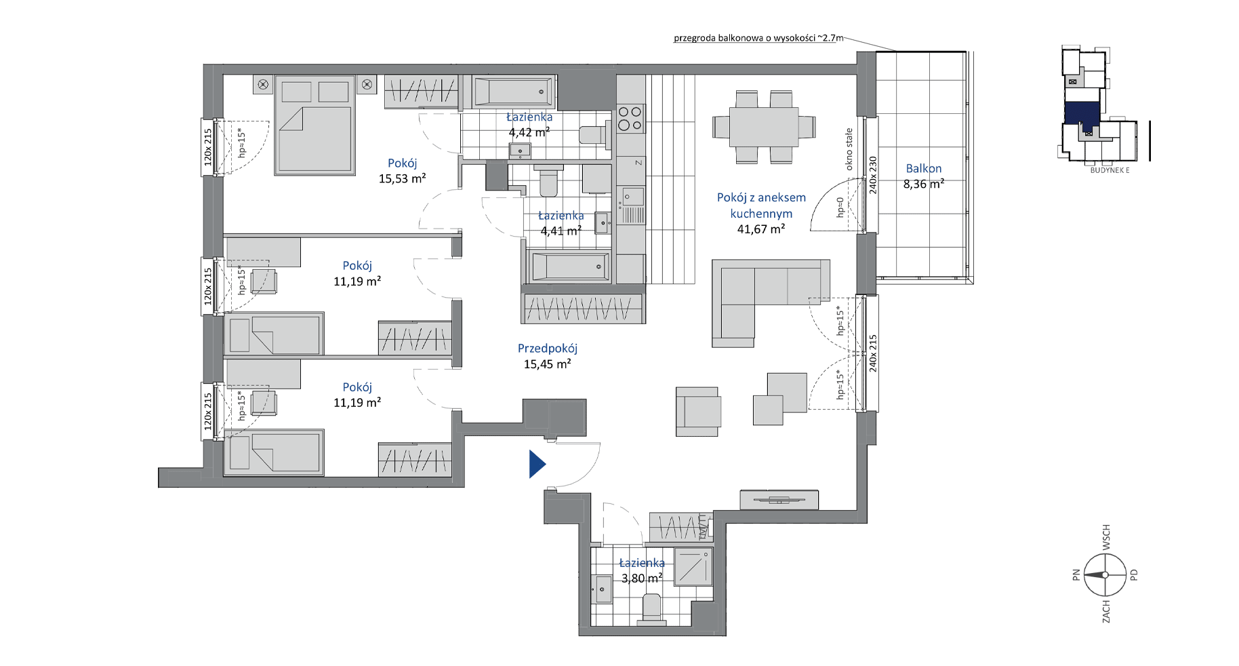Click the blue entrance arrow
(x=537, y=465)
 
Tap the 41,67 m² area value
(x=761, y=229)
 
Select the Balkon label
(x=924, y=168)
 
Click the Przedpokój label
(x=548, y=349)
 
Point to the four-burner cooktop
(x=630, y=119)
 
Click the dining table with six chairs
(x=764, y=127)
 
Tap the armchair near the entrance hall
(x=697, y=412)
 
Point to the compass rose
(x=1105, y=574)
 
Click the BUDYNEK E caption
(x=1110, y=170)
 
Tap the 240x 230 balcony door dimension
(x=873, y=175)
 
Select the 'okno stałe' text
(x=849, y=149)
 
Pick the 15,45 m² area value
(x=548, y=364)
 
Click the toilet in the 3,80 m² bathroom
(x=651, y=607)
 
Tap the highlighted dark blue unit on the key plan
(x=1082, y=114)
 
